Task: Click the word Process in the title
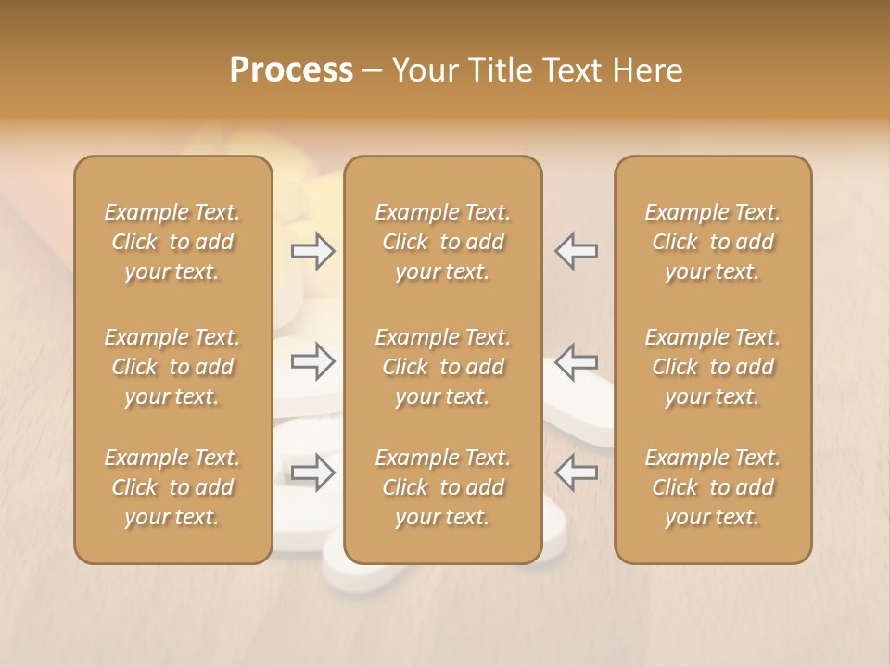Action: [x=291, y=70]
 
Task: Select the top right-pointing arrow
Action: [x=313, y=251]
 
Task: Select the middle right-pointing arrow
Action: [x=313, y=361]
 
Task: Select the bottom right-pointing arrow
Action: [x=313, y=472]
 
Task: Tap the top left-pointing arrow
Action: [x=577, y=251]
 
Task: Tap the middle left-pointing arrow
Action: [x=577, y=361]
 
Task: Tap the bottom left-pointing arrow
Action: [x=577, y=472]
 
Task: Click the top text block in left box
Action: [x=172, y=242]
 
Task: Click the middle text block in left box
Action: [x=172, y=367]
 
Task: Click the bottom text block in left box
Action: [x=172, y=487]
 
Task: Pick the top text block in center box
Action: [x=442, y=242]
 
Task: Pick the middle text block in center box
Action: [x=442, y=367]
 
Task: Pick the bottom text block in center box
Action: [x=442, y=487]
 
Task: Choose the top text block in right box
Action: [x=713, y=242]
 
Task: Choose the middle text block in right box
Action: [x=713, y=367]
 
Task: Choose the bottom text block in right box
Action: [x=713, y=487]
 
